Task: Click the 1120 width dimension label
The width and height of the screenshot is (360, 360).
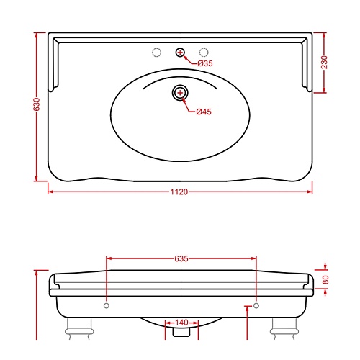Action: click(x=179, y=192)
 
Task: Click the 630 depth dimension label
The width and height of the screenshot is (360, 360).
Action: click(x=37, y=104)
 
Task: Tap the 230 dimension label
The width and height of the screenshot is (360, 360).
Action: click(x=324, y=62)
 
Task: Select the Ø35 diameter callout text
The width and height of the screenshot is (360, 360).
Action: click(x=205, y=63)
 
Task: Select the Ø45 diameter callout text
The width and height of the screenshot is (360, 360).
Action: click(x=204, y=112)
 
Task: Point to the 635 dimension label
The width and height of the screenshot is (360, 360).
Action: click(x=181, y=258)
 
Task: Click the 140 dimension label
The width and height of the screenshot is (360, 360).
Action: click(x=181, y=323)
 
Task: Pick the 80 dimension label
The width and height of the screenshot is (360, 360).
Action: click(x=325, y=280)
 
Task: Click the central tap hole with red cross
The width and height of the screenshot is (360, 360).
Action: click(x=180, y=52)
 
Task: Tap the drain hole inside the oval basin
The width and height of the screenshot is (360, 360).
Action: click(x=180, y=93)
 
